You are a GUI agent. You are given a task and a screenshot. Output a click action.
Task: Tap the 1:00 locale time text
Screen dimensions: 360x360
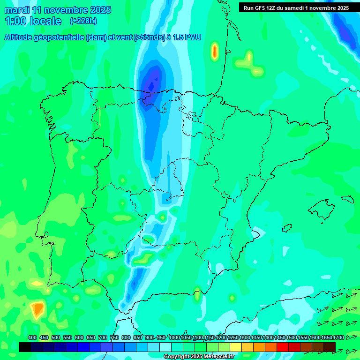click(33, 21)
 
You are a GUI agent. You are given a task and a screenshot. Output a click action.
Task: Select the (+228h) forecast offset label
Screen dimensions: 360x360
click(83, 21)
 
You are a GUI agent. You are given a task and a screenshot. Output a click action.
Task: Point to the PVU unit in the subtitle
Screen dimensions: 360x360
click(193, 37)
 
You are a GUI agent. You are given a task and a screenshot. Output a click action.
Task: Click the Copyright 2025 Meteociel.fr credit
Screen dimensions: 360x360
click(199, 357)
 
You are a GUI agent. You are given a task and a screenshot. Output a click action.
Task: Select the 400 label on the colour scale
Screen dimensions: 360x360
click(32, 338)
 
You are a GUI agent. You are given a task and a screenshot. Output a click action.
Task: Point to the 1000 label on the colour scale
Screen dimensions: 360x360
click(174, 338)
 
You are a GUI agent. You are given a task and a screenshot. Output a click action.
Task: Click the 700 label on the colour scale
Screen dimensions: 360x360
click(103, 338)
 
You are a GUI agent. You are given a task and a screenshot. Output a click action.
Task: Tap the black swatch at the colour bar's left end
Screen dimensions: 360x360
click(25, 347)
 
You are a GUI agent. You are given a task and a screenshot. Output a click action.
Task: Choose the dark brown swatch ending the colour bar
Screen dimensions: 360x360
click(330, 347)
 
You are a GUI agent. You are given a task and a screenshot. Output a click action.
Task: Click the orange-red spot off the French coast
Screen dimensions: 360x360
click(215, 51)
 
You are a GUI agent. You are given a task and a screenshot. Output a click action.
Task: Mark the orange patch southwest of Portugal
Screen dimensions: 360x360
click(37, 309)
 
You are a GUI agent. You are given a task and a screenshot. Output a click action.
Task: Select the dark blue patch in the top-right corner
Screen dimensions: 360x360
click(346, 30)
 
